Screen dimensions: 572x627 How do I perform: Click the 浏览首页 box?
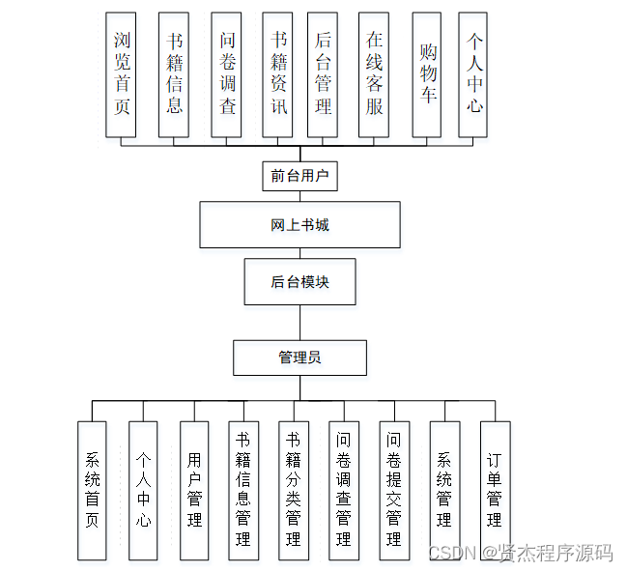[x=121, y=74]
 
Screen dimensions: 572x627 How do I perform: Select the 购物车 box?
[x=427, y=74]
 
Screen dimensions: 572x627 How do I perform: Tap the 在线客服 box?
[x=374, y=74]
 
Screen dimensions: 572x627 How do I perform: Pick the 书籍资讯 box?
[x=277, y=74]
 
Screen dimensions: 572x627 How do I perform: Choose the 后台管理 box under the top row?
[x=323, y=74]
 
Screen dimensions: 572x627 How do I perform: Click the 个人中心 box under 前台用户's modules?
[x=473, y=74]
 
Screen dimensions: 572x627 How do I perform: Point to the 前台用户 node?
[x=299, y=176]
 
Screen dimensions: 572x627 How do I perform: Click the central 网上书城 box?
[x=299, y=225]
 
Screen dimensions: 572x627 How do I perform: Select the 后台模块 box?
[x=299, y=282]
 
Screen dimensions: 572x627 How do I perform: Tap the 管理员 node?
[x=299, y=357]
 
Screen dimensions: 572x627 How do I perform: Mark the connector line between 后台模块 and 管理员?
[x=299, y=323]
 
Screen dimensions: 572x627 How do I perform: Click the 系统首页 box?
[x=93, y=490]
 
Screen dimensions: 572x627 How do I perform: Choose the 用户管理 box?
[x=194, y=490]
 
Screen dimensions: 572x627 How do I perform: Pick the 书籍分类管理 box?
[x=294, y=490]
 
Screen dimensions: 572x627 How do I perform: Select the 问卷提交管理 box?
[x=393, y=490]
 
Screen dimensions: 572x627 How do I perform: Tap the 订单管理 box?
[x=495, y=490]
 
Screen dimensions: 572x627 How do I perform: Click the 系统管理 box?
[x=444, y=490]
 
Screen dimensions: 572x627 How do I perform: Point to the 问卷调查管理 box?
[x=343, y=490]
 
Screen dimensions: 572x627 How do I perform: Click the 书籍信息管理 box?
[x=243, y=490]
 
